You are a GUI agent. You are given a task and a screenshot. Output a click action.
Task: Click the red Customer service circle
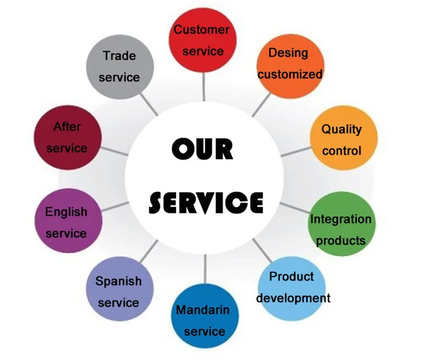tap(202, 40)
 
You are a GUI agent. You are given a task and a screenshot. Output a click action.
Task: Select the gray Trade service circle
tap(119, 66)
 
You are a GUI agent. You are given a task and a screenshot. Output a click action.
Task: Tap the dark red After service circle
tap(67, 137)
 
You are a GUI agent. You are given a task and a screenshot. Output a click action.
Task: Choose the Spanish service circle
tap(119, 291)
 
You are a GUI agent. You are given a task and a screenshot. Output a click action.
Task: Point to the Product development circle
tap(291, 287)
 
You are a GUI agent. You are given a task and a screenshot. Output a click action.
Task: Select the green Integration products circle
tap(340, 229)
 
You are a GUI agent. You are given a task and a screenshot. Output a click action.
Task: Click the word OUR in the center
tap(203, 150)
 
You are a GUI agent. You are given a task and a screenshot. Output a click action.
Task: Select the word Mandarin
tap(202, 310)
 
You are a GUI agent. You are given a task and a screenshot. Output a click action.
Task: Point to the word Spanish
tap(119, 281)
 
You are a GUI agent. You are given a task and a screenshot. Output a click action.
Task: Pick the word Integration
tap(340, 219)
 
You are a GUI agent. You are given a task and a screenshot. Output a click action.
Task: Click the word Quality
tap(341, 129)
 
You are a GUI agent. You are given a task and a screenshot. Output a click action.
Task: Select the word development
tap(293, 298)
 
